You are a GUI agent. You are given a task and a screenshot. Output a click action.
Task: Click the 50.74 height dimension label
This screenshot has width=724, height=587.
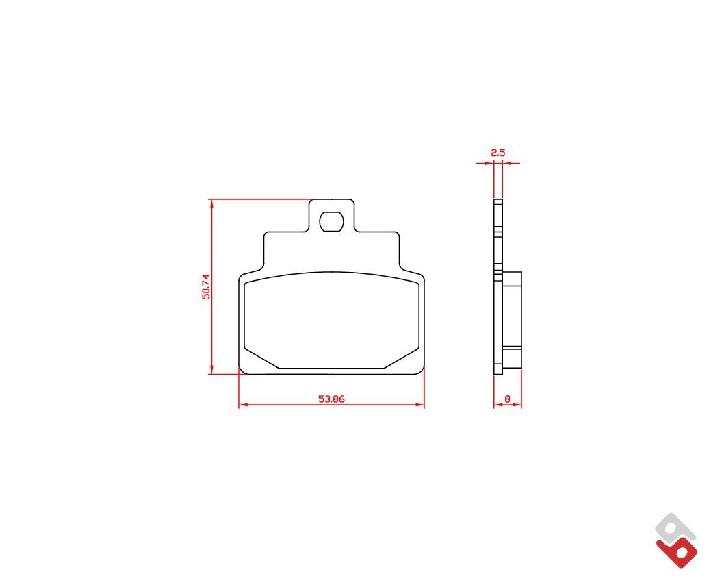tap(206, 286)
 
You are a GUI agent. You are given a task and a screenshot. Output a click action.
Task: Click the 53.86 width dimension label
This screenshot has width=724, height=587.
tap(331, 399)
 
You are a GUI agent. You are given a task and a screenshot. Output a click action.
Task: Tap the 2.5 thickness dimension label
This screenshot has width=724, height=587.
tap(498, 153)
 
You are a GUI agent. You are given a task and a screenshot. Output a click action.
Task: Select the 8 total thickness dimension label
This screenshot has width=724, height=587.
tap(508, 399)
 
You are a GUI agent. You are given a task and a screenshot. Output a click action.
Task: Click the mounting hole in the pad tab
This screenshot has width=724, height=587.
tap(331, 222)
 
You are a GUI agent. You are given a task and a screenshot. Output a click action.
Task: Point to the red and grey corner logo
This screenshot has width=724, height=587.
tap(676, 540)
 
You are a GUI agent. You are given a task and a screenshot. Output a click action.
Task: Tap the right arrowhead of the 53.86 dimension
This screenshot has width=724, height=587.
tap(419, 405)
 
